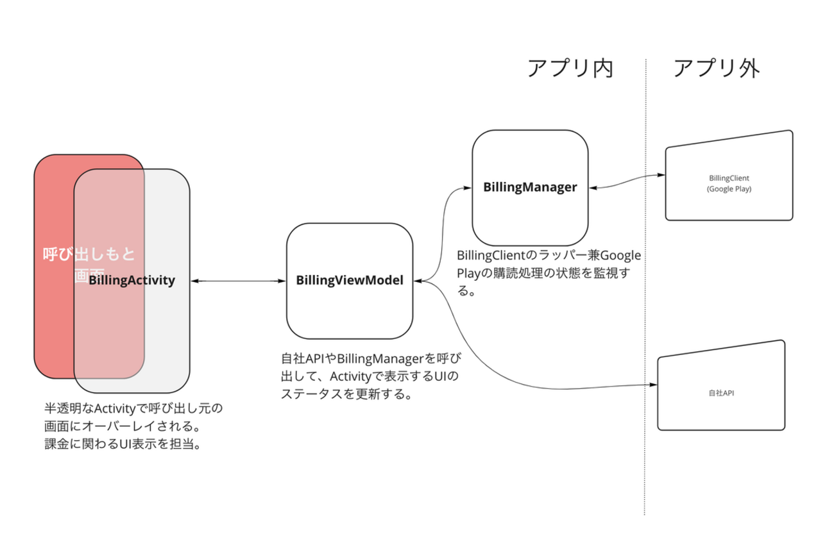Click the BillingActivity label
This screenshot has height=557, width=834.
tap(132, 280)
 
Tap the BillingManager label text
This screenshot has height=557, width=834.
tap(531, 187)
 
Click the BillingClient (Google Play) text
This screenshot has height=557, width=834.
tap(729, 183)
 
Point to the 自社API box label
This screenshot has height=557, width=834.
tap(722, 392)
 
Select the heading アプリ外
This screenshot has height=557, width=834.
tap(716, 68)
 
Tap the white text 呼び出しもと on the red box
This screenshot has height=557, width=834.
tap(89, 254)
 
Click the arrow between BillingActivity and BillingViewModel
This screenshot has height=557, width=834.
tap(238, 281)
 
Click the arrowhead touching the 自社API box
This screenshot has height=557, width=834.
tap(654, 385)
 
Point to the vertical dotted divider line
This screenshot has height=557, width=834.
tap(645, 288)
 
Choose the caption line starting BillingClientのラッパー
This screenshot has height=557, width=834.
tap(549, 256)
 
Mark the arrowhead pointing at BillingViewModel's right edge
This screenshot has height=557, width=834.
tap(418, 281)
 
